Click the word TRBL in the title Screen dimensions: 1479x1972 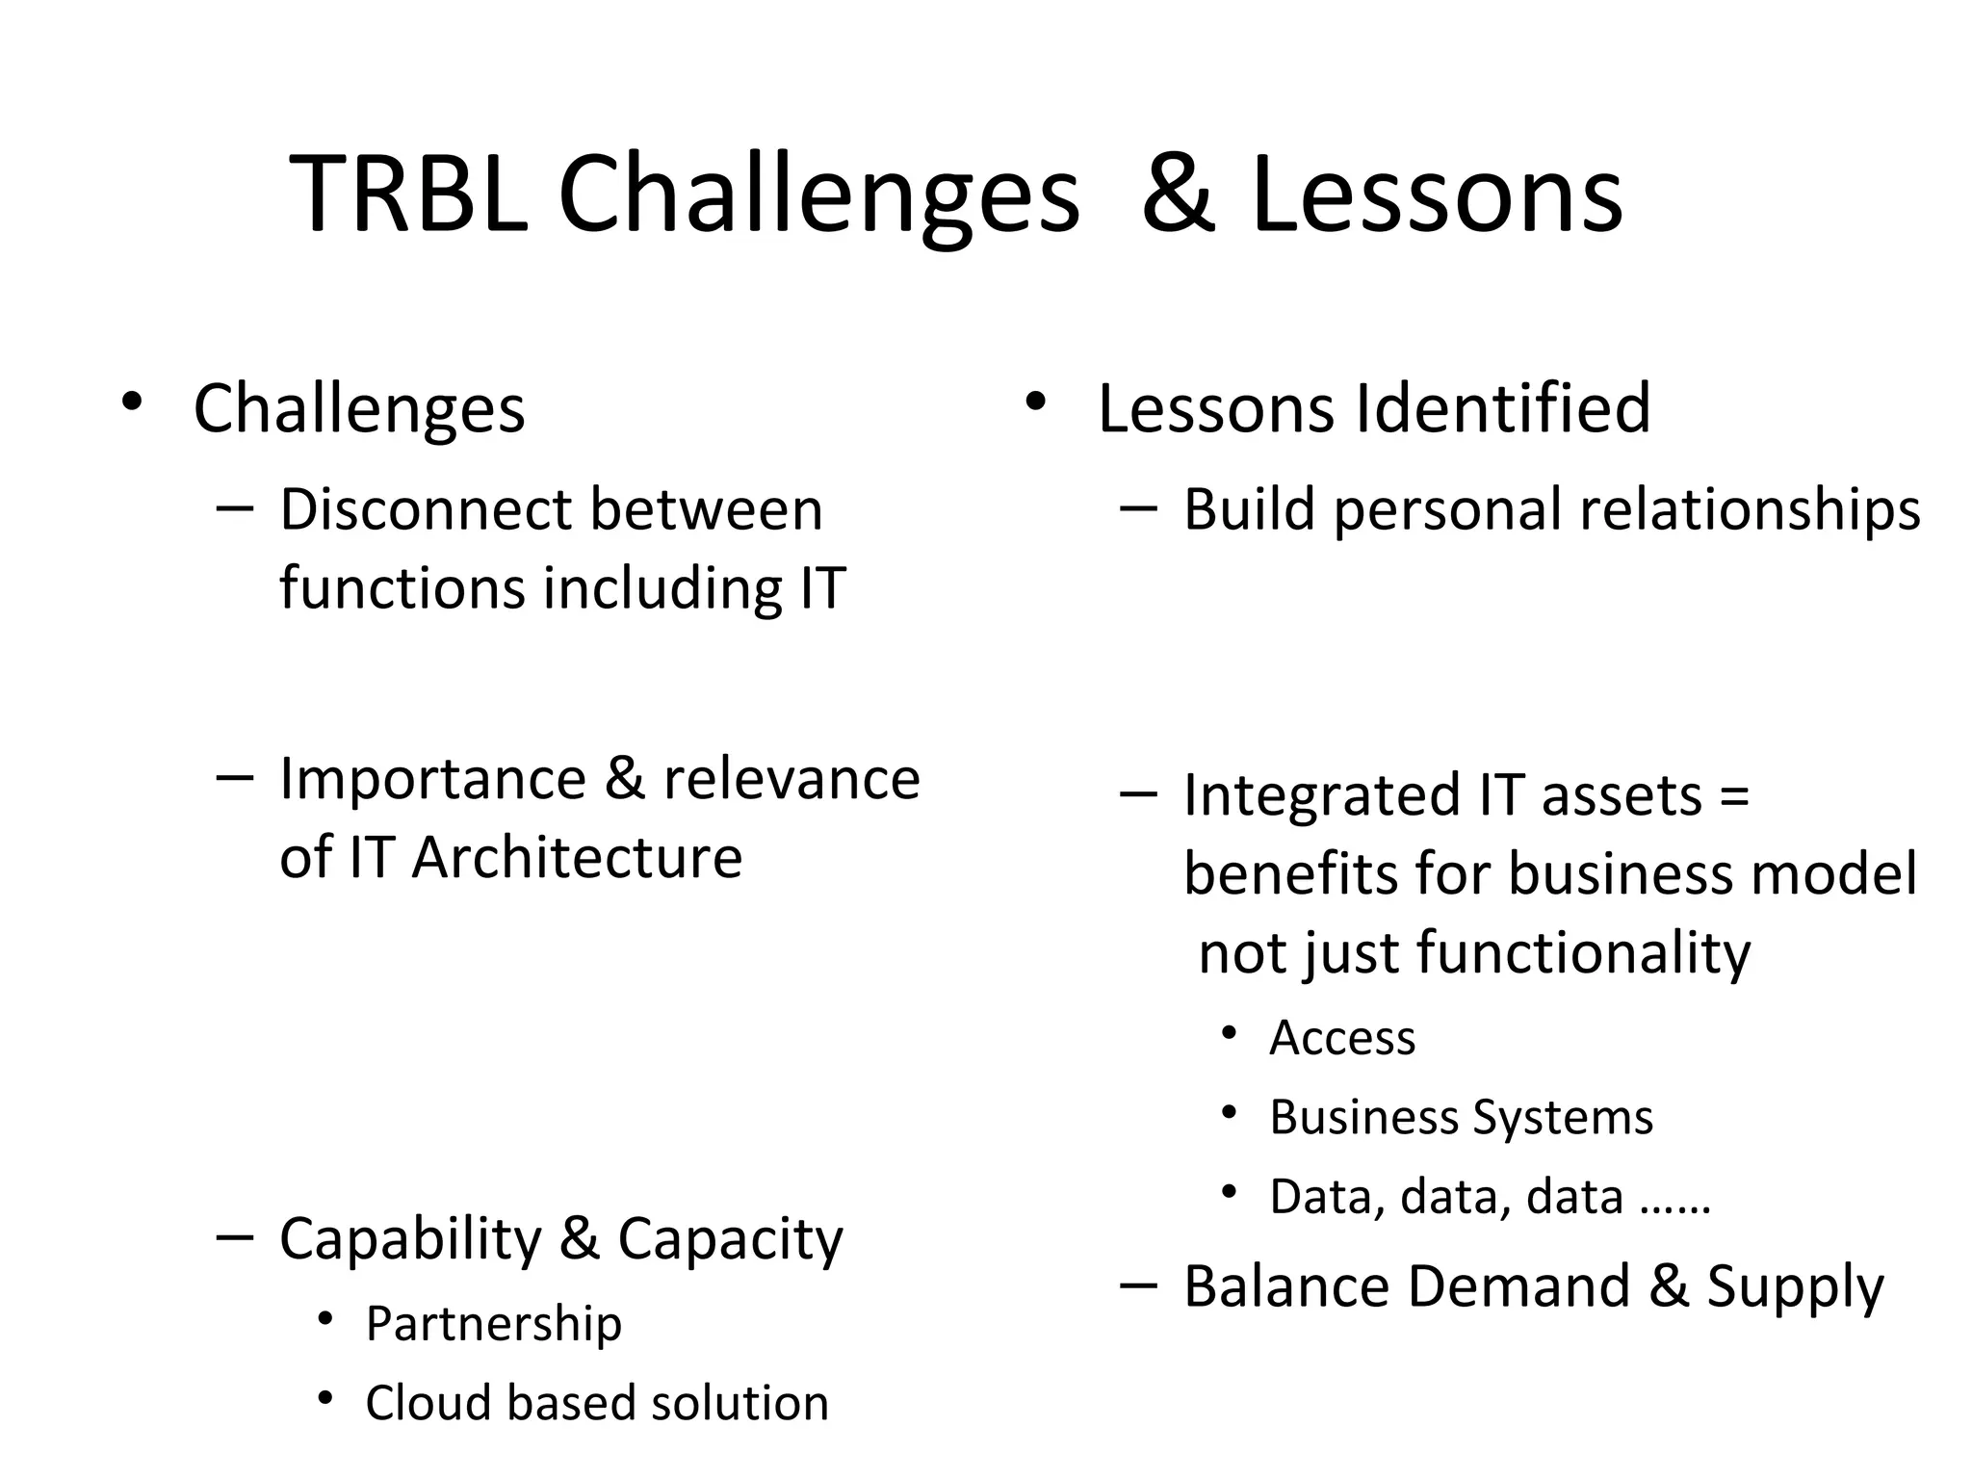coord(409,196)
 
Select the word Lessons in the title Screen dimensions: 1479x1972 coord(1437,196)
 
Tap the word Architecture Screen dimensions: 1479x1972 coord(577,857)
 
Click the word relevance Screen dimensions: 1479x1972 coord(791,778)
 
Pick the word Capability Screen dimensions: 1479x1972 coord(410,1238)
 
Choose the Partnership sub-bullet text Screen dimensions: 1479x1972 coord(493,1324)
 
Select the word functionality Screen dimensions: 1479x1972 coord(1583,953)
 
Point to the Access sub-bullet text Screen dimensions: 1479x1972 coord(1342,1038)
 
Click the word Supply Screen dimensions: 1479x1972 coord(1795,1287)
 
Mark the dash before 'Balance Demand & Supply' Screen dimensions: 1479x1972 coord(1139,1284)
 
